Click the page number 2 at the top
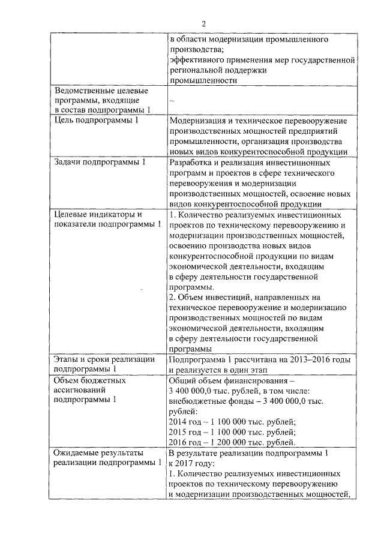click(x=203, y=23)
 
